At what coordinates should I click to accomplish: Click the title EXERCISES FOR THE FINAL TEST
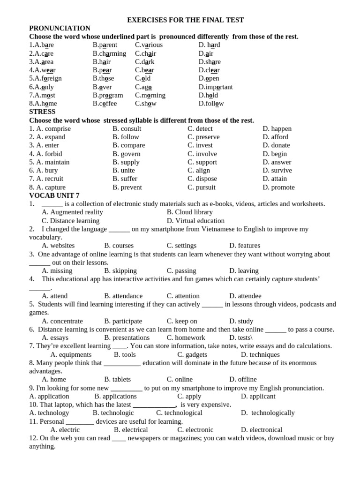(186, 20)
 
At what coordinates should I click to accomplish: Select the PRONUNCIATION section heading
(60, 28)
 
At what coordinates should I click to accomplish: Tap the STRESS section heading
(42, 112)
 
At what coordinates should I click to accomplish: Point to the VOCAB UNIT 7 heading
(54, 195)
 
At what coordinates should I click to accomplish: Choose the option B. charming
(109, 53)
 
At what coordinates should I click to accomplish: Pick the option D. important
(216, 87)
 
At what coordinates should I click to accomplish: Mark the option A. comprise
(53, 128)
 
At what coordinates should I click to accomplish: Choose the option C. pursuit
(202, 187)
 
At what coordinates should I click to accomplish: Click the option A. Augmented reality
(72, 212)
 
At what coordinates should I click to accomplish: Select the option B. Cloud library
(189, 212)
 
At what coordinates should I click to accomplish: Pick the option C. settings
(181, 246)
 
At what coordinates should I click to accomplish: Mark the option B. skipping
(120, 271)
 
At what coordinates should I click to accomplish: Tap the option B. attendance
(123, 296)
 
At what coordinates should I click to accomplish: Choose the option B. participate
(123, 321)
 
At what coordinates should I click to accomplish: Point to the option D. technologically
(268, 413)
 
